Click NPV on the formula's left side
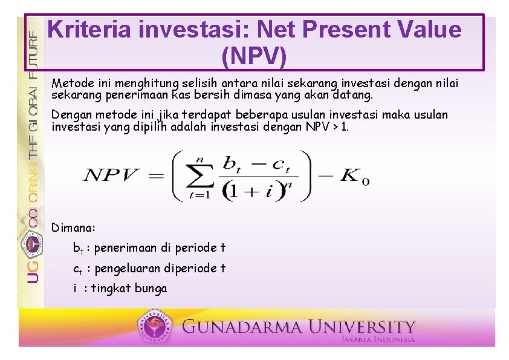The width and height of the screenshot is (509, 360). [112, 176]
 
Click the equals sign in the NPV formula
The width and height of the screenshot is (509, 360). [155, 176]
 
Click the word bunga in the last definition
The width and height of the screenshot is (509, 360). [151, 289]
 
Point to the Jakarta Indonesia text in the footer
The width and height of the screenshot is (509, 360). [378, 340]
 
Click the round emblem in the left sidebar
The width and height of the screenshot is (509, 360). [33, 244]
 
